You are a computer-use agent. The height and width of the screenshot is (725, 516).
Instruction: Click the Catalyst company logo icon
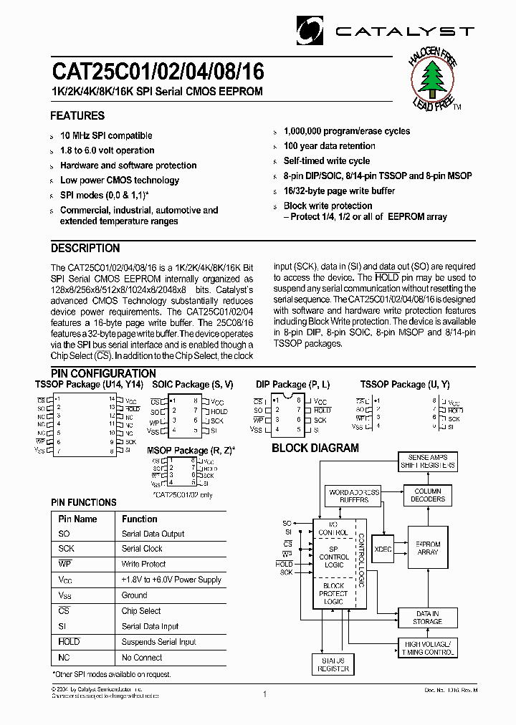(310, 29)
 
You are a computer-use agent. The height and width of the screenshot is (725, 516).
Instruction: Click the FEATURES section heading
(77, 116)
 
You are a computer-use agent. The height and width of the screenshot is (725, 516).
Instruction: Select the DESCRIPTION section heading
(85, 249)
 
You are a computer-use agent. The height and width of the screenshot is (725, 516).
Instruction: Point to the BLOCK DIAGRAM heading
(315, 448)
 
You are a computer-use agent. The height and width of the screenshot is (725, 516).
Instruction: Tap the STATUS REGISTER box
(333, 664)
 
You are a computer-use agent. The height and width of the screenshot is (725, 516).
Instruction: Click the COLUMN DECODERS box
(427, 495)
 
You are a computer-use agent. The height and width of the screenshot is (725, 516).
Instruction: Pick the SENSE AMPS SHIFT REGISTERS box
(428, 461)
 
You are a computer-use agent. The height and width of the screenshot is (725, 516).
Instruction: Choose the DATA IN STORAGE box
(427, 618)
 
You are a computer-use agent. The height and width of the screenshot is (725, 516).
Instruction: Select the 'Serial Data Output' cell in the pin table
(153, 534)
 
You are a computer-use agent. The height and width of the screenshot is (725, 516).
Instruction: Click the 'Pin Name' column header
(77, 519)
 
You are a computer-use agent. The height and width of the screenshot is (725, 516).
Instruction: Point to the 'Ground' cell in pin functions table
(135, 595)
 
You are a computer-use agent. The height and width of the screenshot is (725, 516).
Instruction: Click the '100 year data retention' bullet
(329, 146)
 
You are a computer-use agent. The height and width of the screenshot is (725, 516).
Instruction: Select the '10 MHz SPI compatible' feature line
(106, 135)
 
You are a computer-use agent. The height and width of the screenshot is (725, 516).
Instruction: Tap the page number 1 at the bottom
(264, 693)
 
